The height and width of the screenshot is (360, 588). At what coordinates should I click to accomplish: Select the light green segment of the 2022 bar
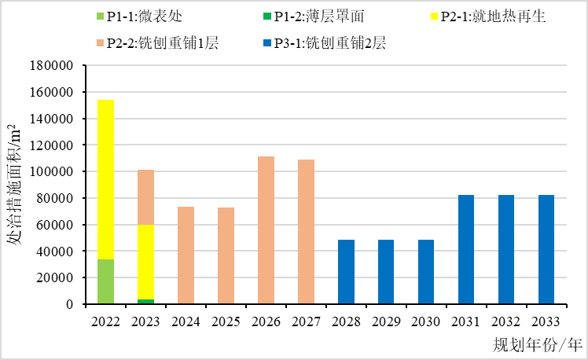coord(105,281)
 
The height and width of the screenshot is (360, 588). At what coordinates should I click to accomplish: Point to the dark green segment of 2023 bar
coord(145,302)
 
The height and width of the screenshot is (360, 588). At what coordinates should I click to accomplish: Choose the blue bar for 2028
coord(346,272)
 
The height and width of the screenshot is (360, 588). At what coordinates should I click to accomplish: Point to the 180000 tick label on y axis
coord(52,66)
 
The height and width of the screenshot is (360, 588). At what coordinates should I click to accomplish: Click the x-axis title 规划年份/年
coord(538,344)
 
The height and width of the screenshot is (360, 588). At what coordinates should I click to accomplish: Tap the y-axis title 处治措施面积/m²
coord(15,184)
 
